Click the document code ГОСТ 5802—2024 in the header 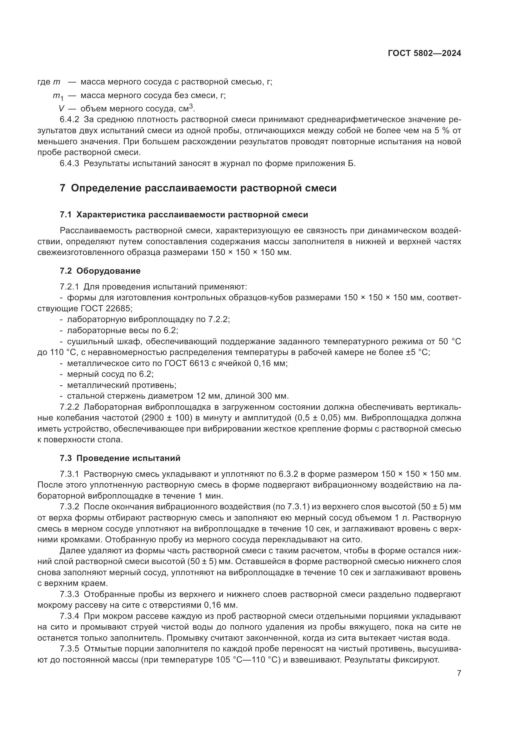(x=424, y=53)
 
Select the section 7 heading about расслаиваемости (x=198, y=188)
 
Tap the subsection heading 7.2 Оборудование (x=100, y=271)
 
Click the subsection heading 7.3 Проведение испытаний (x=120, y=458)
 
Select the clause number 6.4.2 (x=69, y=120)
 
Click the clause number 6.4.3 (x=69, y=163)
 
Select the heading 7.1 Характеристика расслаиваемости (x=184, y=215)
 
